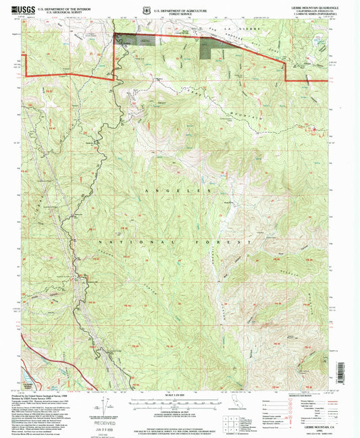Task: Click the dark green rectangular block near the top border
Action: point(211,47)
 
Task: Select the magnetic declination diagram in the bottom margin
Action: point(103,405)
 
